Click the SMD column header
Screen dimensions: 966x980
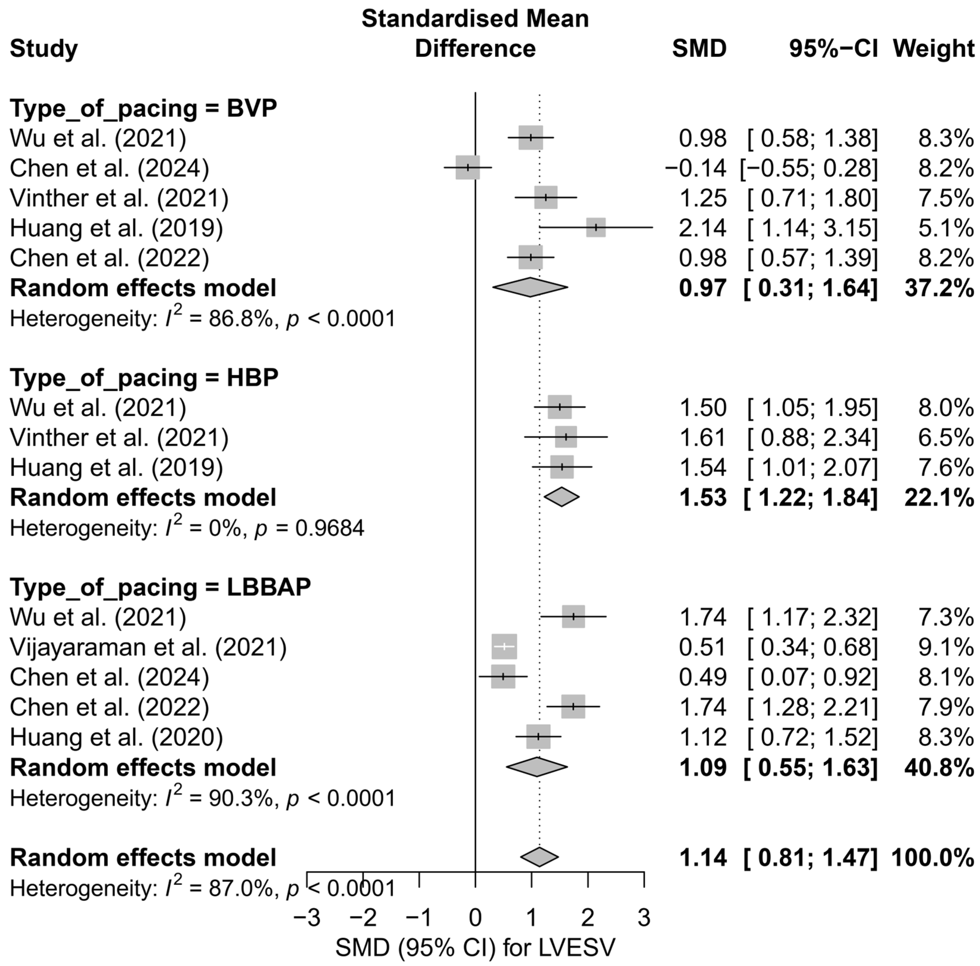699,49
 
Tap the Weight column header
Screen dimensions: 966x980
933,49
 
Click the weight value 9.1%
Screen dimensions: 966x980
946,647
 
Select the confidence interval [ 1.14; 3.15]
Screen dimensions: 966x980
812,228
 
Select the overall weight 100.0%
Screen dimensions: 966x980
932,858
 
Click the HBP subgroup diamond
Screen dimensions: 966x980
561,497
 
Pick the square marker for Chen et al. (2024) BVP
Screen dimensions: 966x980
468,167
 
